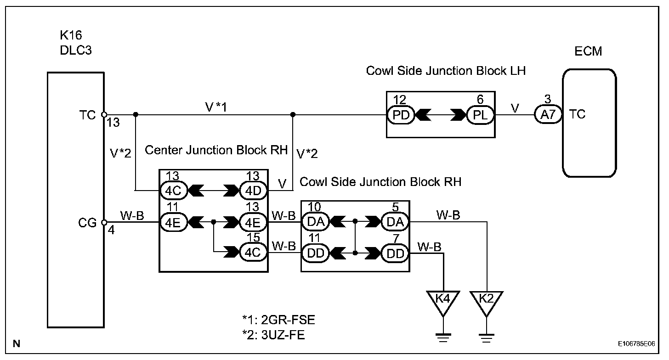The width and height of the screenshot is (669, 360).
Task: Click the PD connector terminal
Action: pos(401,115)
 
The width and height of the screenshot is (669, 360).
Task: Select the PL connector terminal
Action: pos(480,115)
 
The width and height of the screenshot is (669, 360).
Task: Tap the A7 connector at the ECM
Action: pos(548,114)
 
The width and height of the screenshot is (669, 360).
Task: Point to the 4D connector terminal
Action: pos(253,191)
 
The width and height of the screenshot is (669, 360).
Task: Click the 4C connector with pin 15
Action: pos(253,253)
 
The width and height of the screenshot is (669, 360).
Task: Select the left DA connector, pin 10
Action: pos(315,222)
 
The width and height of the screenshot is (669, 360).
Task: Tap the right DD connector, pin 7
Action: pos(395,253)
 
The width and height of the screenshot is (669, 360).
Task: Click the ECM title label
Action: pos(588,51)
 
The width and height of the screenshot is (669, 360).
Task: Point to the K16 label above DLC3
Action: pos(71,35)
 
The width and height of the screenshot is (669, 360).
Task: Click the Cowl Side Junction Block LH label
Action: pos(446,71)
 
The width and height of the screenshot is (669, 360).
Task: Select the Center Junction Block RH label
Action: pos(216,150)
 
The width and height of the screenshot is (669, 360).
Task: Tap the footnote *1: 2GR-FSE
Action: pos(278,320)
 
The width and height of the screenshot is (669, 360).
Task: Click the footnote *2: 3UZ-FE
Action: pos(273,335)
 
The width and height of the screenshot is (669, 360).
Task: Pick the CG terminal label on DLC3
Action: pos(87,223)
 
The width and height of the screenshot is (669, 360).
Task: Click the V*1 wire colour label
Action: pos(216,107)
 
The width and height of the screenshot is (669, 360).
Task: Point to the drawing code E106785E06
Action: pos(636,344)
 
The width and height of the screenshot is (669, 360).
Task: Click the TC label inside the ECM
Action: pos(577,114)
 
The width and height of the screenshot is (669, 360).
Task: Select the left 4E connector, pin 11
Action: pos(173,223)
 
